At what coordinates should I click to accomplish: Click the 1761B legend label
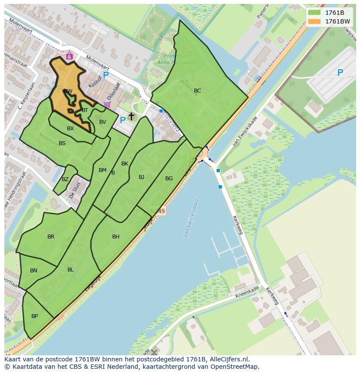pos(334,13)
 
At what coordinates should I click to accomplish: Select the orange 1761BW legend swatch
pos(314,21)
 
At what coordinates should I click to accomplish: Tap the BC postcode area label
pos(197,91)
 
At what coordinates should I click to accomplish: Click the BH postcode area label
pos(116,237)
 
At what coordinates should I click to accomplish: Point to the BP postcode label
pos(34,316)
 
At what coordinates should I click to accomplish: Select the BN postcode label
pos(33,271)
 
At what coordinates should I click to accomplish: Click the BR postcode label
pos(51,237)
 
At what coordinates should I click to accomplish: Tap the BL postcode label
pos(70,270)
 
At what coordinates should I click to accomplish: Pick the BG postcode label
pos(169,179)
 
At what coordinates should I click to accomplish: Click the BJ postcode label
pos(141,177)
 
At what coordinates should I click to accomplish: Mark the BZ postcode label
pos(65,179)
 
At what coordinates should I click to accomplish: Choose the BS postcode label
pos(62,143)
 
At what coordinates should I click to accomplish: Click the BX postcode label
pos(70,129)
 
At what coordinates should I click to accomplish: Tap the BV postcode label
pos(103,122)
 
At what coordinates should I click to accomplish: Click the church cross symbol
pos(131,116)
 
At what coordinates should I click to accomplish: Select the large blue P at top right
pos(340,73)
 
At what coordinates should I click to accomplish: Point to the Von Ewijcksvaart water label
pos(191,218)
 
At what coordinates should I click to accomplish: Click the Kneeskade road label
pos(247,292)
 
